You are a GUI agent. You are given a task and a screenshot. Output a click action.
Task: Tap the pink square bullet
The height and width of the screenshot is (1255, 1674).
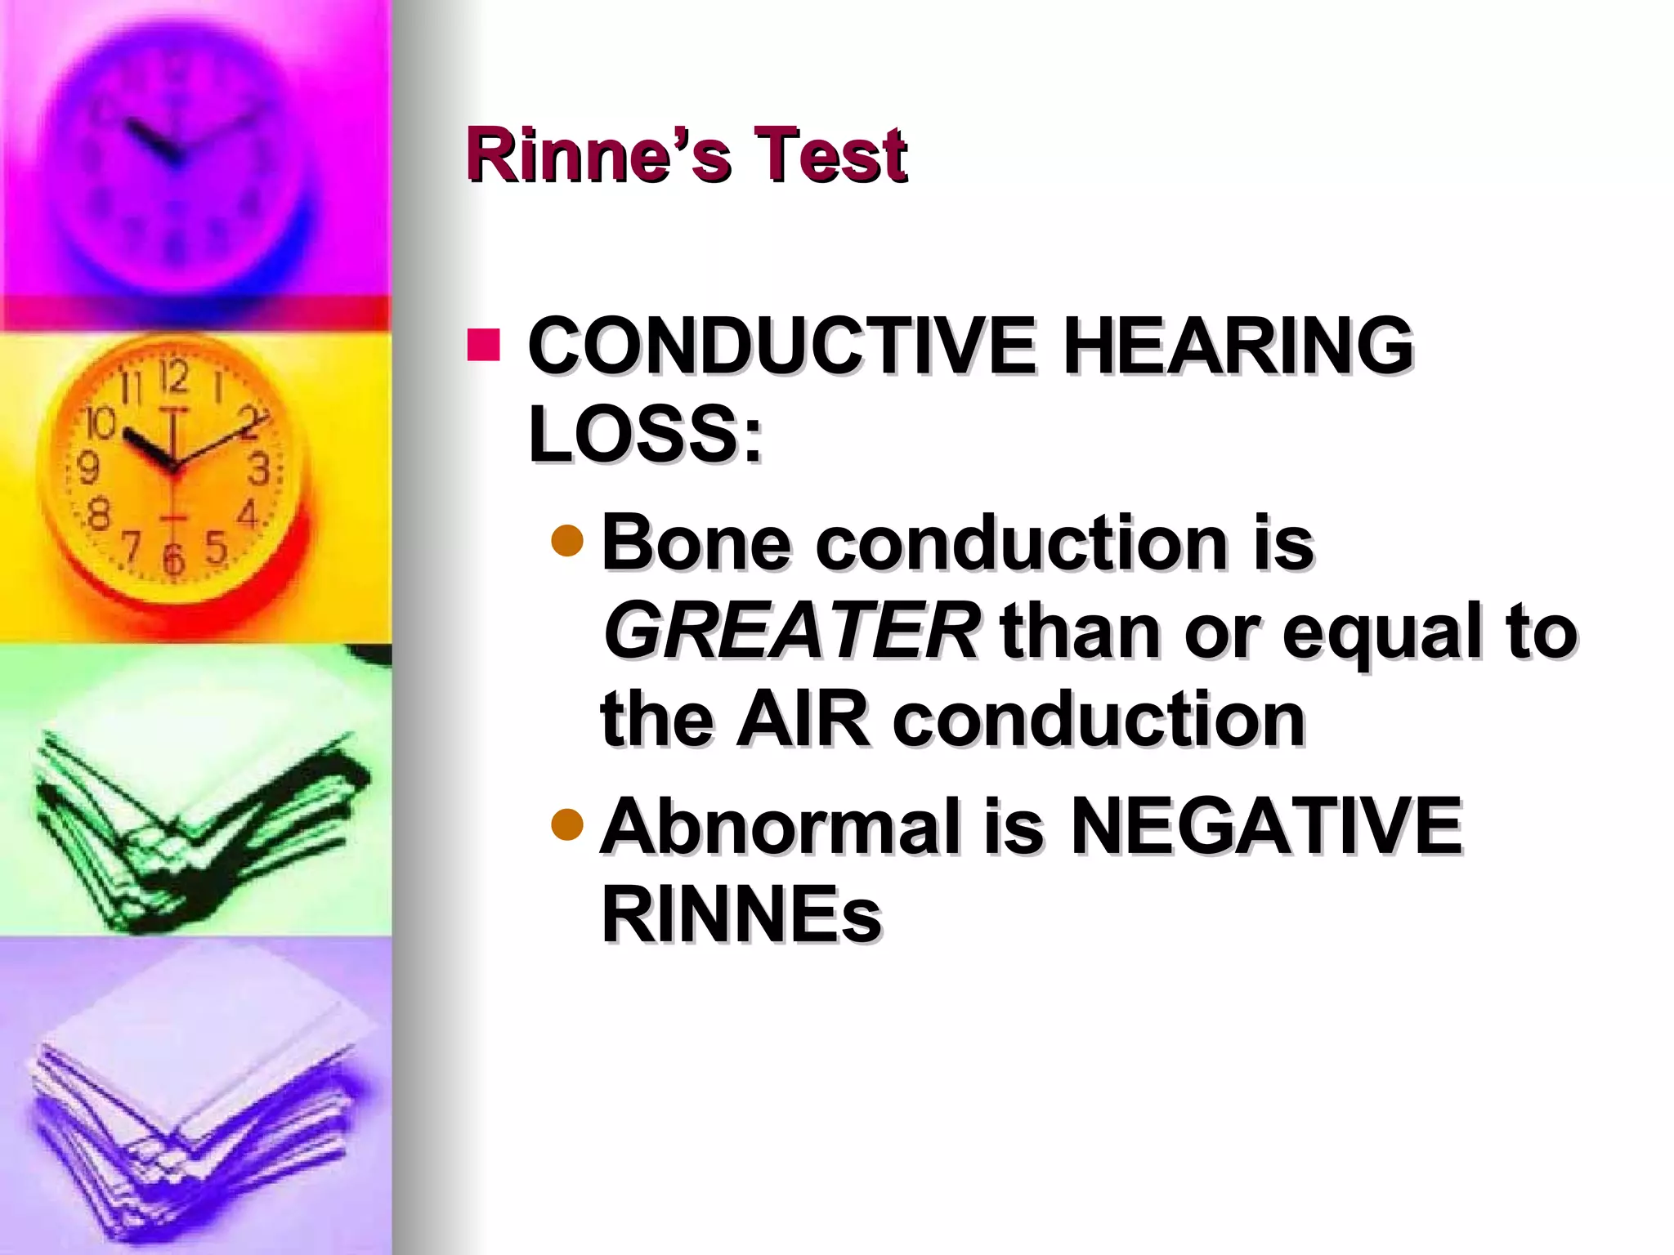click(x=483, y=345)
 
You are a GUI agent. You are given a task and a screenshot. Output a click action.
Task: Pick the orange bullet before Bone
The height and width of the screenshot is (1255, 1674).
click(x=567, y=540)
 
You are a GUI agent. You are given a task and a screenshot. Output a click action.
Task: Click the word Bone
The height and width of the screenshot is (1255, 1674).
click(x=696, y=543)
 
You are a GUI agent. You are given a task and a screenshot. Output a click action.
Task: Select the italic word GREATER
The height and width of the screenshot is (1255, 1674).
click(x=790, y=631)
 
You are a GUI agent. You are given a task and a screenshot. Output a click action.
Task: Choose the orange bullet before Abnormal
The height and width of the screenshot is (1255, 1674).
click(x=567, y=824)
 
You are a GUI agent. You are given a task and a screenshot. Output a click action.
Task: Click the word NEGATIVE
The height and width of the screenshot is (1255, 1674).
click(x=1265, y=827)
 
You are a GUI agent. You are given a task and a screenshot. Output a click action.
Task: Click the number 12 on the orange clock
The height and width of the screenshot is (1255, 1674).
click(x=173, y=377)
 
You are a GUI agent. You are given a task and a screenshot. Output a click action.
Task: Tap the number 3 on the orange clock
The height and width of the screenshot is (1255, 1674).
click(x=258, y=470)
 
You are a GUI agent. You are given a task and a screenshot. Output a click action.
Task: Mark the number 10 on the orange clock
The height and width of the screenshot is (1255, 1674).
click(x=101, y=423)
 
